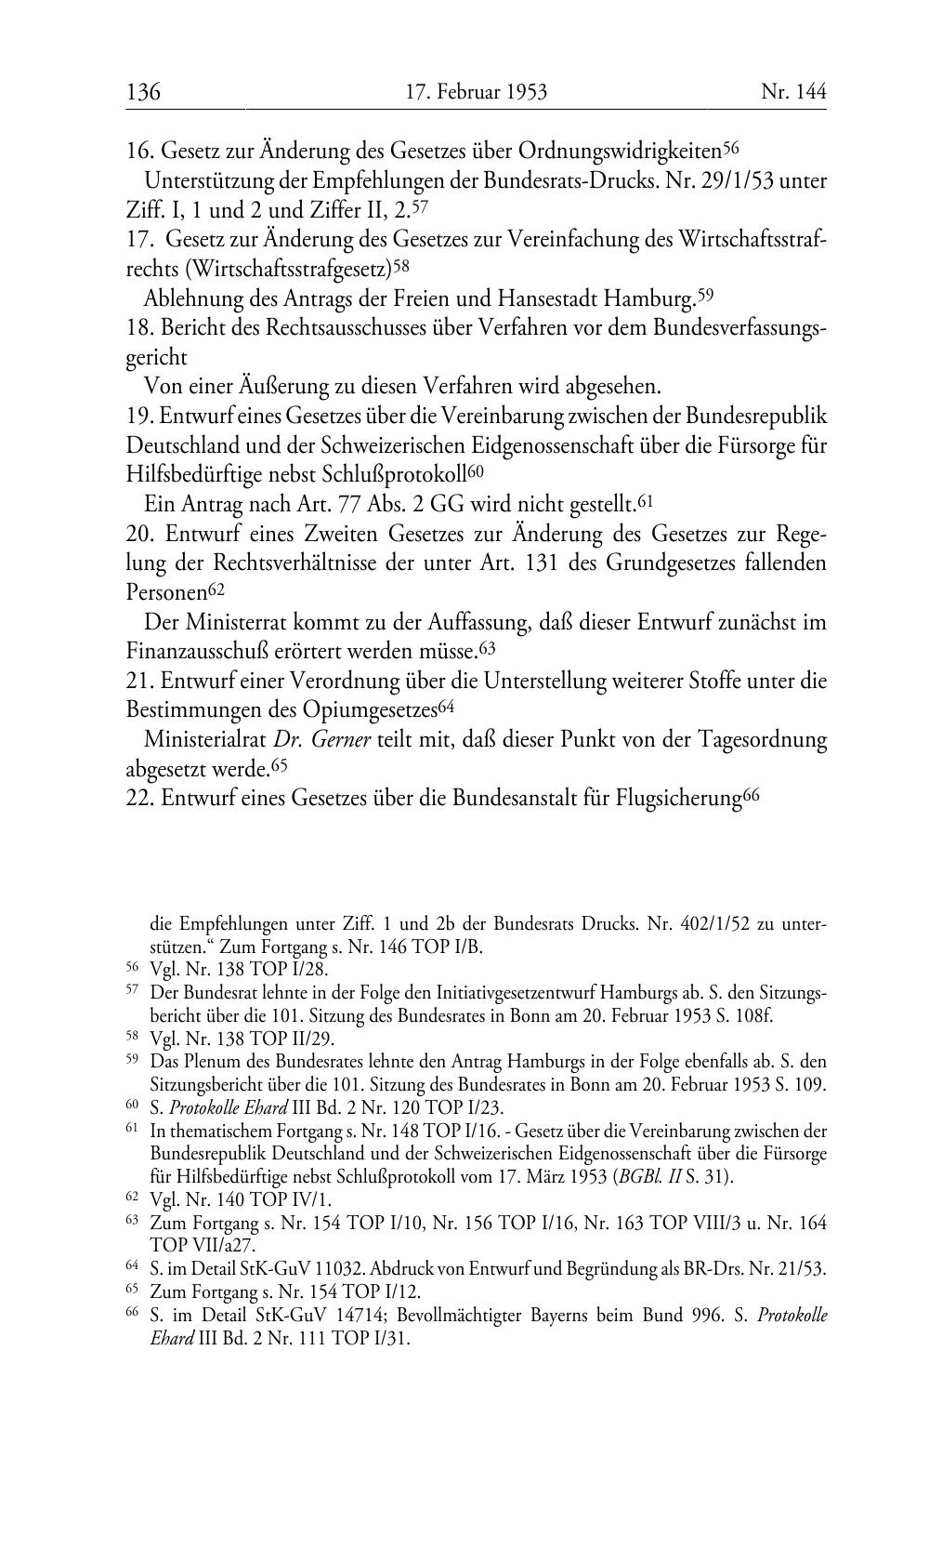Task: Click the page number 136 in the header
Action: [x=143, y=92]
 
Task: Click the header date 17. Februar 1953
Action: [x=477, y=92]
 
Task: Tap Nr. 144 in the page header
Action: [x=793, y=92]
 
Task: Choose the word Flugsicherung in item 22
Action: [x=678, y=799]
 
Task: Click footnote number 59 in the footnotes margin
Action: [x=131, y=1059]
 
